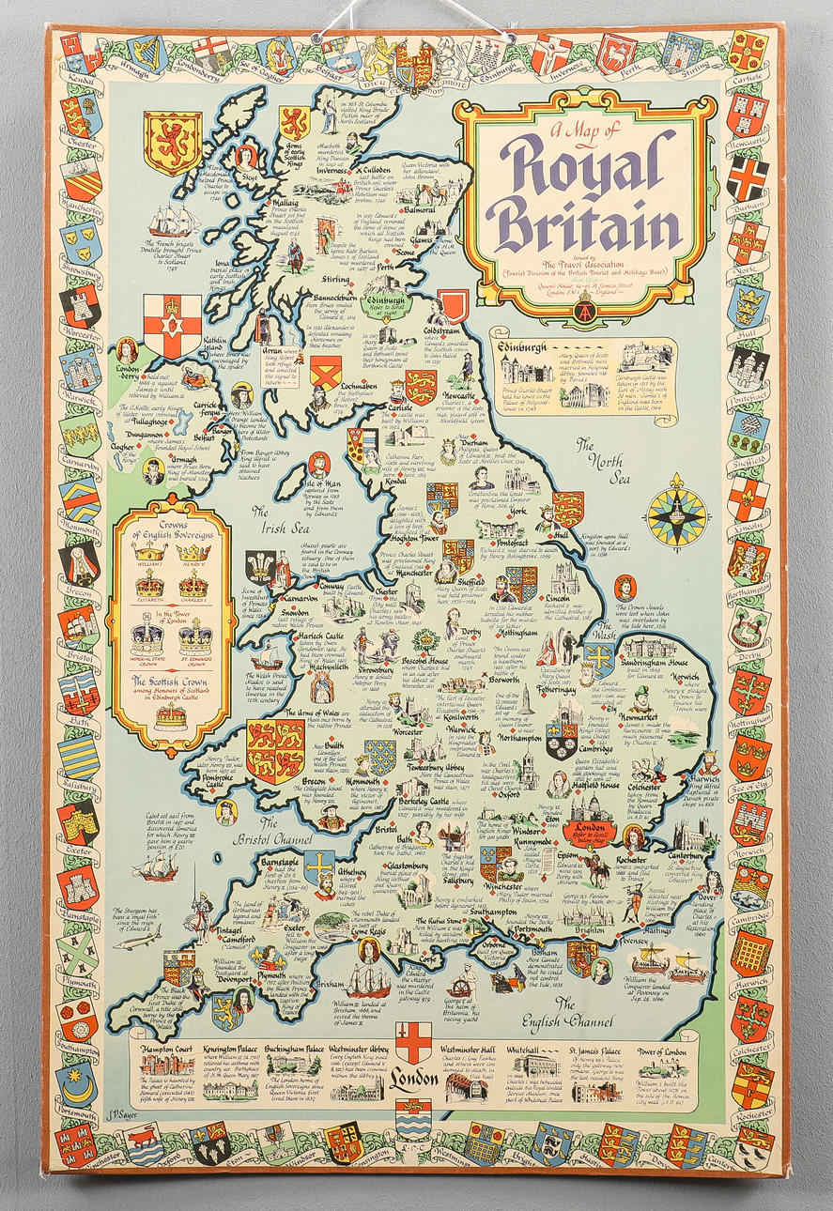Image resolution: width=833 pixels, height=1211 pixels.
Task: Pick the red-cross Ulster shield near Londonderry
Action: [172, 325]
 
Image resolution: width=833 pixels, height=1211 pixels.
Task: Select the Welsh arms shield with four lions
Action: [275, 751]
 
